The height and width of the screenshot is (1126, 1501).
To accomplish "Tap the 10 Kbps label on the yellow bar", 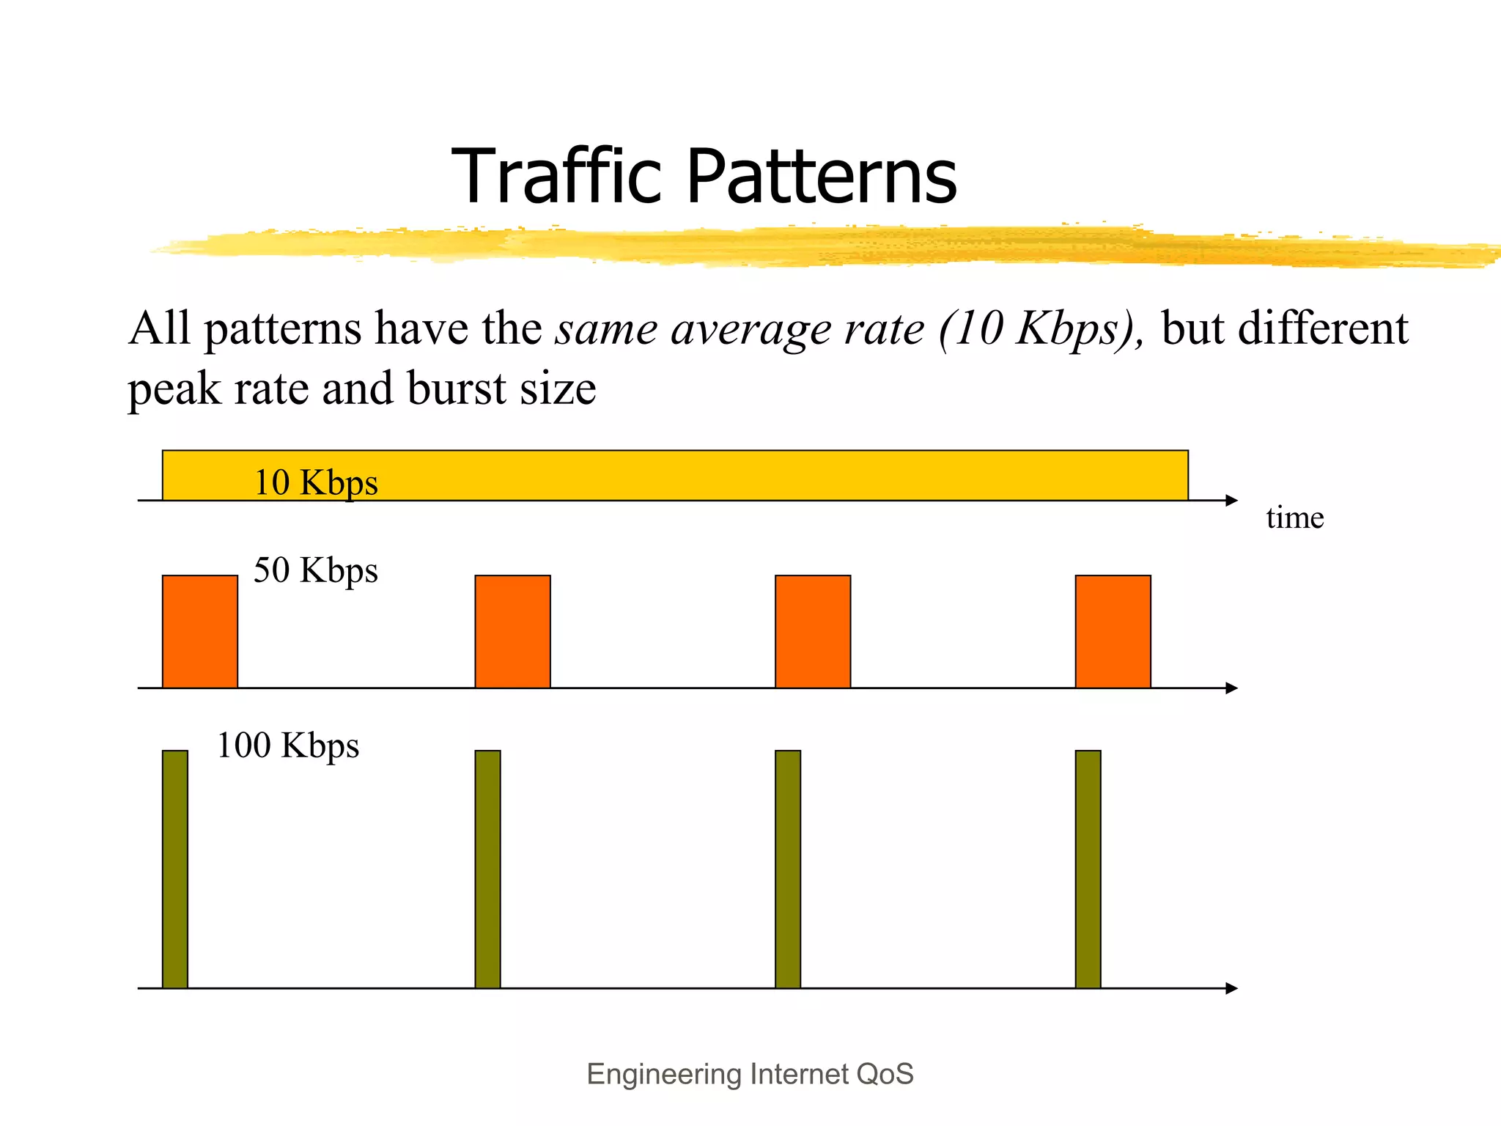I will (316, 483).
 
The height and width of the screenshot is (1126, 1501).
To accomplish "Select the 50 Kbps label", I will (316, 570).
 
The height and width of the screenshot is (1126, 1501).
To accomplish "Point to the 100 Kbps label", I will (288, 746).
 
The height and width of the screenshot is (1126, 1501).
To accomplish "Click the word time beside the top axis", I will (1294, 518).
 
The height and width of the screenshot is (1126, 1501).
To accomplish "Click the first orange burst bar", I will (200, 631).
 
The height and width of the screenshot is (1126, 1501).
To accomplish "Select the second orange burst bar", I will (512, 631).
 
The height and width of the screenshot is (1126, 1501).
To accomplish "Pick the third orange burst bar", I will (813, 631).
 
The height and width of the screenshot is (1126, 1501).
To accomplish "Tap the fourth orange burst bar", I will (1113, 631).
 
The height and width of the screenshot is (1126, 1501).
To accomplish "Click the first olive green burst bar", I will (175, 869).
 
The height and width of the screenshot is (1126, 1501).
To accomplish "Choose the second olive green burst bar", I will (487, 869).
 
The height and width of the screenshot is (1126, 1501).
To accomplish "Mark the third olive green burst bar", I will (788, 869).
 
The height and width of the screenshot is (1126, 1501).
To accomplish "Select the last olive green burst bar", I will (1088, 869).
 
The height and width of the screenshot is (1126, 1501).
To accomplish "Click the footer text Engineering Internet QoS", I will (750, 1074).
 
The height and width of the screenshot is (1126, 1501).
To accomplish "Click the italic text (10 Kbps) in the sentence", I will (1041, 328).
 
